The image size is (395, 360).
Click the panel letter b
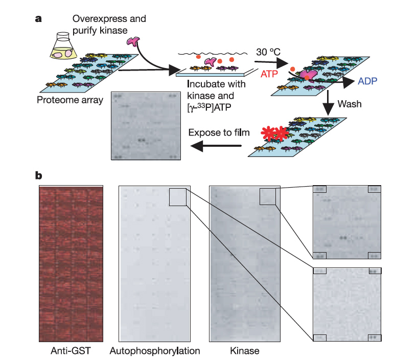click(x=38, y=176)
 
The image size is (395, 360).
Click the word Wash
click(x=349, y=104)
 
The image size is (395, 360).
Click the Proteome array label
click(x=69, y=99)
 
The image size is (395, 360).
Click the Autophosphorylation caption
click(x=154, y=351)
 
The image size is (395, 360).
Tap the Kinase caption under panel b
click(x=245, y=351)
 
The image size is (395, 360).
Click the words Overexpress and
click(x=109, y=19)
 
